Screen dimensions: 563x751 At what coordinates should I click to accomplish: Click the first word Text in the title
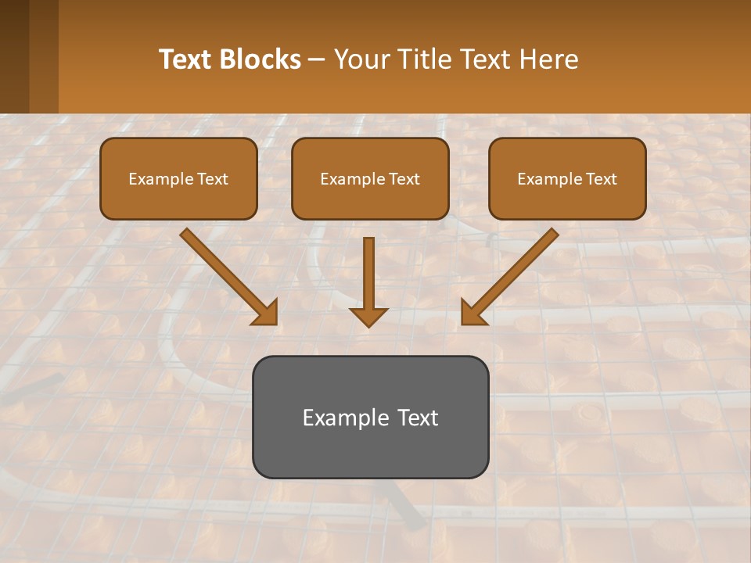pos(189,59)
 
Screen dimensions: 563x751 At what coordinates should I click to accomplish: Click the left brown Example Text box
pos(178,178)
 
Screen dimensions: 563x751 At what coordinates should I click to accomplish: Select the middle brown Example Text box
pos(370,178)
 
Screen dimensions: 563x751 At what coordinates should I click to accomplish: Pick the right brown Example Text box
pos(567,178)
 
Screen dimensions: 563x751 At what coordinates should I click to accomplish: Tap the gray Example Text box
pos(370,417)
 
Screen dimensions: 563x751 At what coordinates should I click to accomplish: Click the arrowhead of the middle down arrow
pos(368,316)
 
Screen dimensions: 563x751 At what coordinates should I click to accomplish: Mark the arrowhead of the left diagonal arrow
pos(267,313)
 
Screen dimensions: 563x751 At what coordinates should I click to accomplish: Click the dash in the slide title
pos(318,59)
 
